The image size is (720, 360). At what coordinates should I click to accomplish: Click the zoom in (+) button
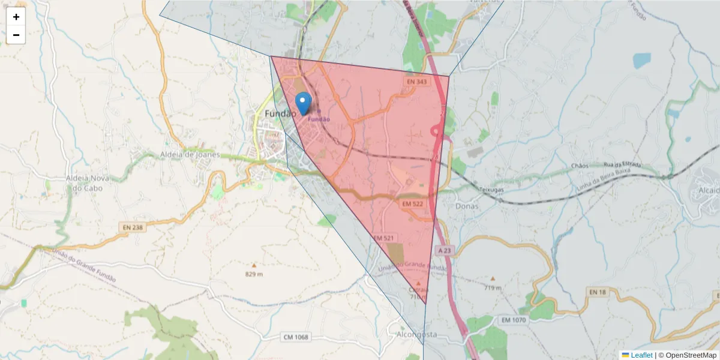tap(16, 17)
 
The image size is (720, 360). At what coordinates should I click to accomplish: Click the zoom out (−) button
tap(16, 35)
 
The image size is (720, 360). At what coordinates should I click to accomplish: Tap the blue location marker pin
tap(304, 103)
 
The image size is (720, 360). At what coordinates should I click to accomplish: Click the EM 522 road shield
tap(413, 205)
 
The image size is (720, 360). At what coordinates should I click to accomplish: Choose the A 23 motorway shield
tap(444, 250)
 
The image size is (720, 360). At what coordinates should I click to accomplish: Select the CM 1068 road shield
tap(295, 337)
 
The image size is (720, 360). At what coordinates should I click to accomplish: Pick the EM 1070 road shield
tap(513, 321)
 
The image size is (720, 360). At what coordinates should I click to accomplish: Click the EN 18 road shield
tap(598, 292)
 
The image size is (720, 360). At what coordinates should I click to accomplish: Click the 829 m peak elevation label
tap(254, 274)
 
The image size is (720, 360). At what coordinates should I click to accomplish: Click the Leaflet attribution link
tap(641, 355)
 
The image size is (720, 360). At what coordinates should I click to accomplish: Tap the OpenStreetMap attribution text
tap(687, 355)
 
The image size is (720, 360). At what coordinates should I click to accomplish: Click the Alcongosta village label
tap(417, 334)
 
